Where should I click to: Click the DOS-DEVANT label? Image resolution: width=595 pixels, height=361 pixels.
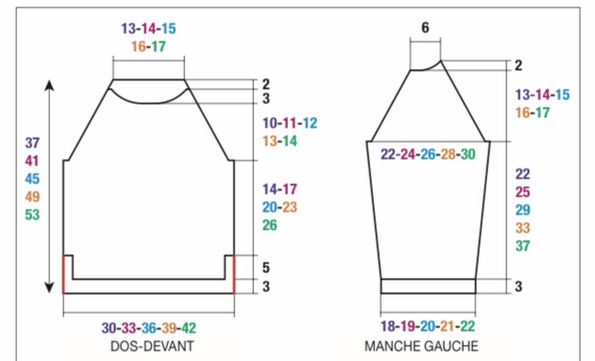tap(152, 346)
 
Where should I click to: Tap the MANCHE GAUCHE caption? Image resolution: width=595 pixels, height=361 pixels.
tap(421, 346)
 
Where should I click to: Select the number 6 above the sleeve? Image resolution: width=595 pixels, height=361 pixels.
tap(425, 27)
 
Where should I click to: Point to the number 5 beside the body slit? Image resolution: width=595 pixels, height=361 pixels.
tap(266, 267)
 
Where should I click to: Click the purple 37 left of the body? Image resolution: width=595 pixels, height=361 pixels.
tap(32, 143)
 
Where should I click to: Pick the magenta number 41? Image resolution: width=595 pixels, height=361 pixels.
tap(32, 161)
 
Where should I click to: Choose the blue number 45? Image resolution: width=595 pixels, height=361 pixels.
tap(32, 179)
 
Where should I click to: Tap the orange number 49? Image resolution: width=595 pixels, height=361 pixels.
tap(32, 197)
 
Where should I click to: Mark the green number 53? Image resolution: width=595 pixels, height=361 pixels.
tap(32, 215)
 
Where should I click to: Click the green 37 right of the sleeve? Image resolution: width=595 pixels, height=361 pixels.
tap(522, 246)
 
